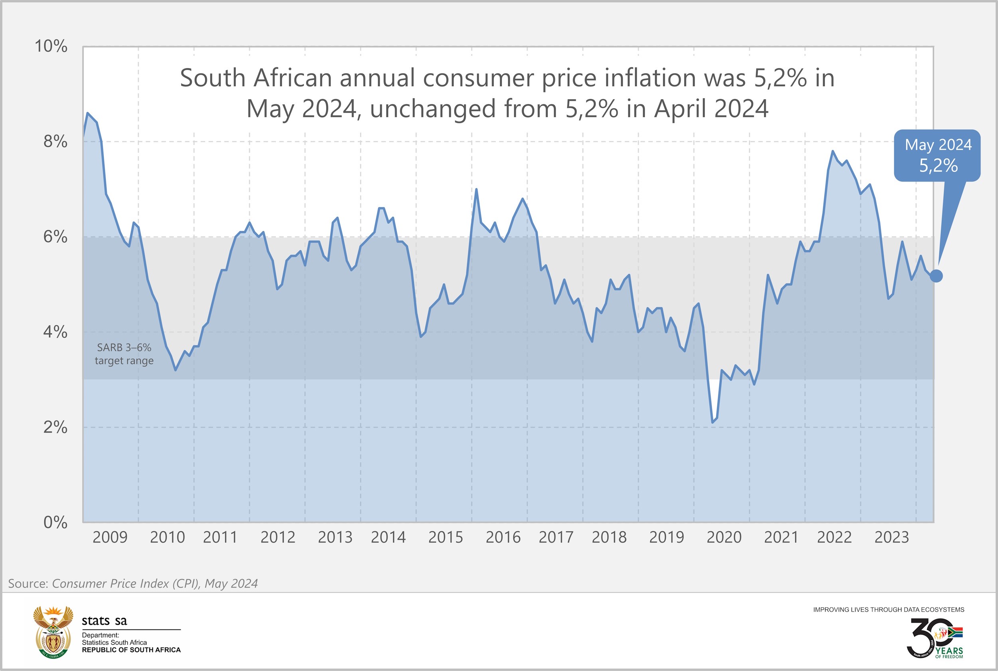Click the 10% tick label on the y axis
coord(51,46)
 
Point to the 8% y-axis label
coord(55,141)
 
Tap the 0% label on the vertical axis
coord(55,523)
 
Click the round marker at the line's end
coord(936,276)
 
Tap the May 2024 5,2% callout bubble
coord(937,155)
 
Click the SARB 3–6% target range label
coord(124,354)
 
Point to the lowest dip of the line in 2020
coord(713,422)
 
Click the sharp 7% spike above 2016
coord(476,189)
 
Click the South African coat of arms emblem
coord(53,631)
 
